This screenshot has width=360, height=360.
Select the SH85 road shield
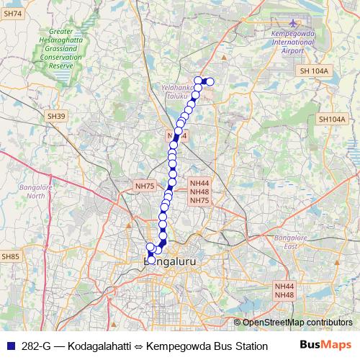coord(9,256)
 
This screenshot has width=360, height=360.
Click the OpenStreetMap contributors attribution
coord(297,322)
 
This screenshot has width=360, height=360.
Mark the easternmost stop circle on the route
coord(210,81)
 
